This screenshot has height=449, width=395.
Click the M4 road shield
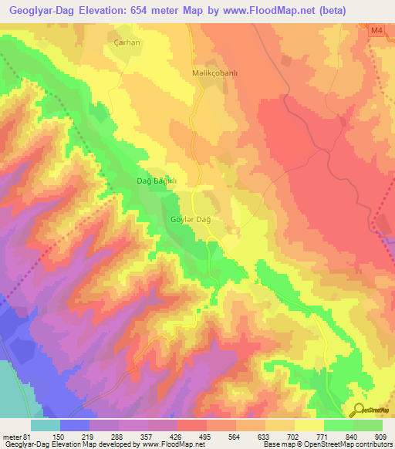coord(376,31)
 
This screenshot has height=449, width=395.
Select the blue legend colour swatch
coord(75,425)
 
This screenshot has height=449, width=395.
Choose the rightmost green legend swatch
coord(368,425)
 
